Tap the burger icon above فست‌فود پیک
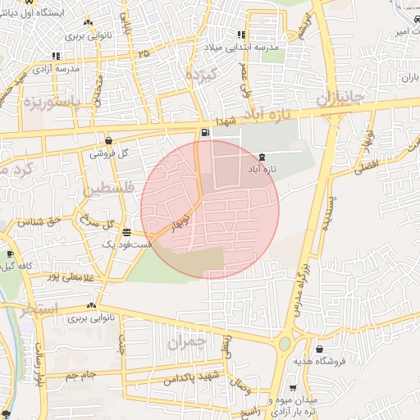(x=126, y=232)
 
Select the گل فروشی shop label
(x=112, y=153)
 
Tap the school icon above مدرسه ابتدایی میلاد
(x=240, y=35)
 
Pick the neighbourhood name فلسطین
(x=106, y=190)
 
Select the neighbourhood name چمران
(x=184, y=342)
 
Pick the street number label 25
(x=144, y=53)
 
